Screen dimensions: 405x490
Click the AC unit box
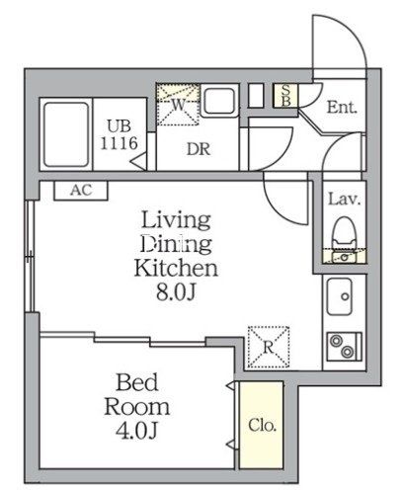[x=81, y=191]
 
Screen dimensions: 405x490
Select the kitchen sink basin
[x=340, y=296]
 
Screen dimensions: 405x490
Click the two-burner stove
[x=344, y=346]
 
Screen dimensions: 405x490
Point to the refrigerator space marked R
[x=269, y=347]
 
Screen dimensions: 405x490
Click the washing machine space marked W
[x=178, y=105]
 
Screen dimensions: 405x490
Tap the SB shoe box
[x=285, y=96]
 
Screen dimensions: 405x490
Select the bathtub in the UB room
[x=66, y=134]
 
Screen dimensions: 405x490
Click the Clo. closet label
[x=262, y=425]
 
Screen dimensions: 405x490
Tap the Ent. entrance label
[x=342, y=108]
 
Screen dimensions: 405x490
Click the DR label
[x=199, y=149]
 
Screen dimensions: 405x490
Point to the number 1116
[x=119, y=143]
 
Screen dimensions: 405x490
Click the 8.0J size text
[x=176, y=291]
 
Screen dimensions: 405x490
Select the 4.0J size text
[x=136, y=431]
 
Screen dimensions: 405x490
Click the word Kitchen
[x=176, y=268]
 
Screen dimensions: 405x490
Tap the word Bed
[x=137, y=382]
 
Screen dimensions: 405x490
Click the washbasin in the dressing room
[x=219, y=100]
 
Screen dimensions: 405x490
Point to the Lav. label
[x=345, y=200]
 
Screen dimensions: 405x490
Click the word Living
[x=176, y=220]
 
